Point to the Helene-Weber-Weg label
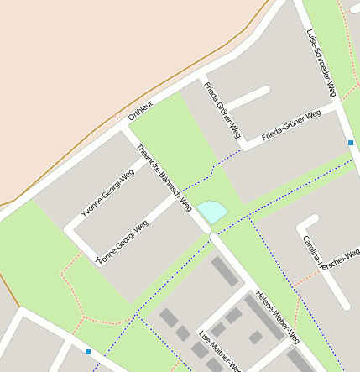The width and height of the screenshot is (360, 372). tap(278, 318)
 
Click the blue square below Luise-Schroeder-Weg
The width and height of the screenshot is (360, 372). tap(350, 143)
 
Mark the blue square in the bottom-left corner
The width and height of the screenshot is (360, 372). tap(88, 351)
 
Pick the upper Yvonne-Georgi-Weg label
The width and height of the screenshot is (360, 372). tap(107, 195)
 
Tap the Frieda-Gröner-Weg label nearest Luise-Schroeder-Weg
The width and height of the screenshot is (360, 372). tap(291, 125)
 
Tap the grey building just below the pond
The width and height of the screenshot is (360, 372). tap(225, 271)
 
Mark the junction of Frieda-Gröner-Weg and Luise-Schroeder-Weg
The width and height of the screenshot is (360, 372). tap(337, 107)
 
